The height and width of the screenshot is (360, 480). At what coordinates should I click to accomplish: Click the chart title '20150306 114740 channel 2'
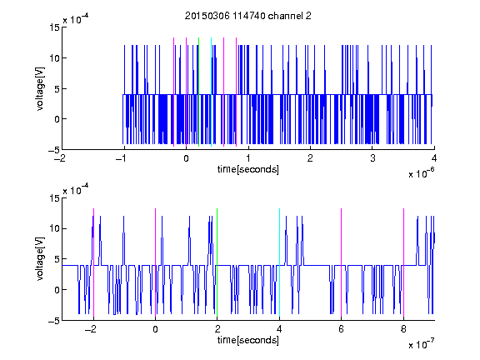(248, 16)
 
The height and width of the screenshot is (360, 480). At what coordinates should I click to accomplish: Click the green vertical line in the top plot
(198, 92)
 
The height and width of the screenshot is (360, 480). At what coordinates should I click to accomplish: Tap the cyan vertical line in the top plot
(211, 92)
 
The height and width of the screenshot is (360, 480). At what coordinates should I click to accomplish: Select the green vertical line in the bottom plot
(217, 262)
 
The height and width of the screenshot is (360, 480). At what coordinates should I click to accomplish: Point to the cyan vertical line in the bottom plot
(279, 262)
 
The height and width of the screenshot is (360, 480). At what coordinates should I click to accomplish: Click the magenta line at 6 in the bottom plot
(342, 262)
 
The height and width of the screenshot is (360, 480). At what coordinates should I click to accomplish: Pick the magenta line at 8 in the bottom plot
(404, 262)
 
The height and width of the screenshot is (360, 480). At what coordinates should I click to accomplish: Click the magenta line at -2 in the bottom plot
(93, 262)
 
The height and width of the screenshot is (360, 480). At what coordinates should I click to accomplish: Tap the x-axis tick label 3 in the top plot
(372, 158)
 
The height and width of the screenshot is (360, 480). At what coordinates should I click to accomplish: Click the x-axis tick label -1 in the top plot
(122, 158)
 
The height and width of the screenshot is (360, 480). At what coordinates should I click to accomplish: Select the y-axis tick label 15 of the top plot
(54, 27)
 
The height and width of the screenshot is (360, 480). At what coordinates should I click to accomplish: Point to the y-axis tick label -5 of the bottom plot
(54, 321)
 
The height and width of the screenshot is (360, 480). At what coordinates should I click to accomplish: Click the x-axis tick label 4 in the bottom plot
(279, 329)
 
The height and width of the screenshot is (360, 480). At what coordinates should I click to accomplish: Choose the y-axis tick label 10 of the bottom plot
(54, 228)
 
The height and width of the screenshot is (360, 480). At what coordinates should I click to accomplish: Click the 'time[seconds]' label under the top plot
(248, 169)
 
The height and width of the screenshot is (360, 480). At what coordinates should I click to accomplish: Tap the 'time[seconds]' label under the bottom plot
(248, 340)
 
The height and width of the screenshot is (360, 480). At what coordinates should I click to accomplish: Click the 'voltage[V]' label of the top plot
(40, 89)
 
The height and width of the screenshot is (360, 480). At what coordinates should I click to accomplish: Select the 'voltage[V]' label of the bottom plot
(40, 259)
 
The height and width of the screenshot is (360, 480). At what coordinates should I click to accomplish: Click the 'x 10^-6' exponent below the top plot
(421, 173)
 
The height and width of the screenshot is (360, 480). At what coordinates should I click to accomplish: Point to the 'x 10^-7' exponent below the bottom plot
(421, 344)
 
